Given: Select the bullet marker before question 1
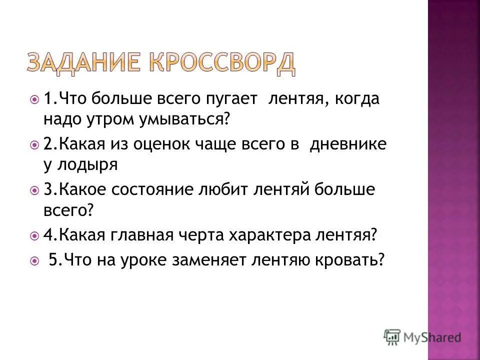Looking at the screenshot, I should click(x=34, y=99).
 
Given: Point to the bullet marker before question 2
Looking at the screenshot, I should click(x=34, y=145).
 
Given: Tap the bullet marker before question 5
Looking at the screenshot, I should click(x=34, y=260).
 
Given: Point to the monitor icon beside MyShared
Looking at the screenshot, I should click(x=392, y=337).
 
